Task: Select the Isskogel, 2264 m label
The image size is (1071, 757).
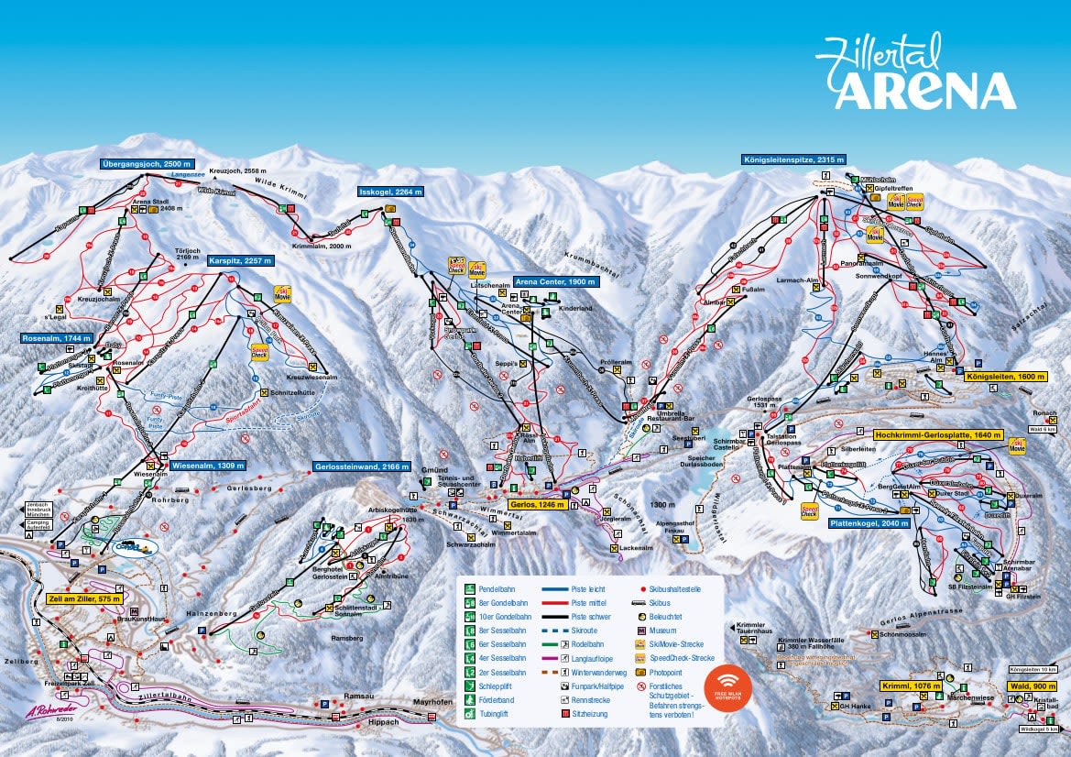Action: tap(390, 192)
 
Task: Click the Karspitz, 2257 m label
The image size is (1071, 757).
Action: tap(240, 260)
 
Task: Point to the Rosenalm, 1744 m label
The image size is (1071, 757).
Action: tap(57, 338)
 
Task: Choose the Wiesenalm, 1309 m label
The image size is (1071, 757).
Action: tap(207, 466)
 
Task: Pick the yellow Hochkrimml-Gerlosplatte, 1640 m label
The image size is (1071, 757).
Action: tap(938, 434)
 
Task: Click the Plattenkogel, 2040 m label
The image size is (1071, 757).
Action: tap(869, 523)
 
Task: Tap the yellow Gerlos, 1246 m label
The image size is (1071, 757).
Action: tap(535, 504)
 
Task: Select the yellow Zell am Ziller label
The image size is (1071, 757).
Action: tap(84, 598)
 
